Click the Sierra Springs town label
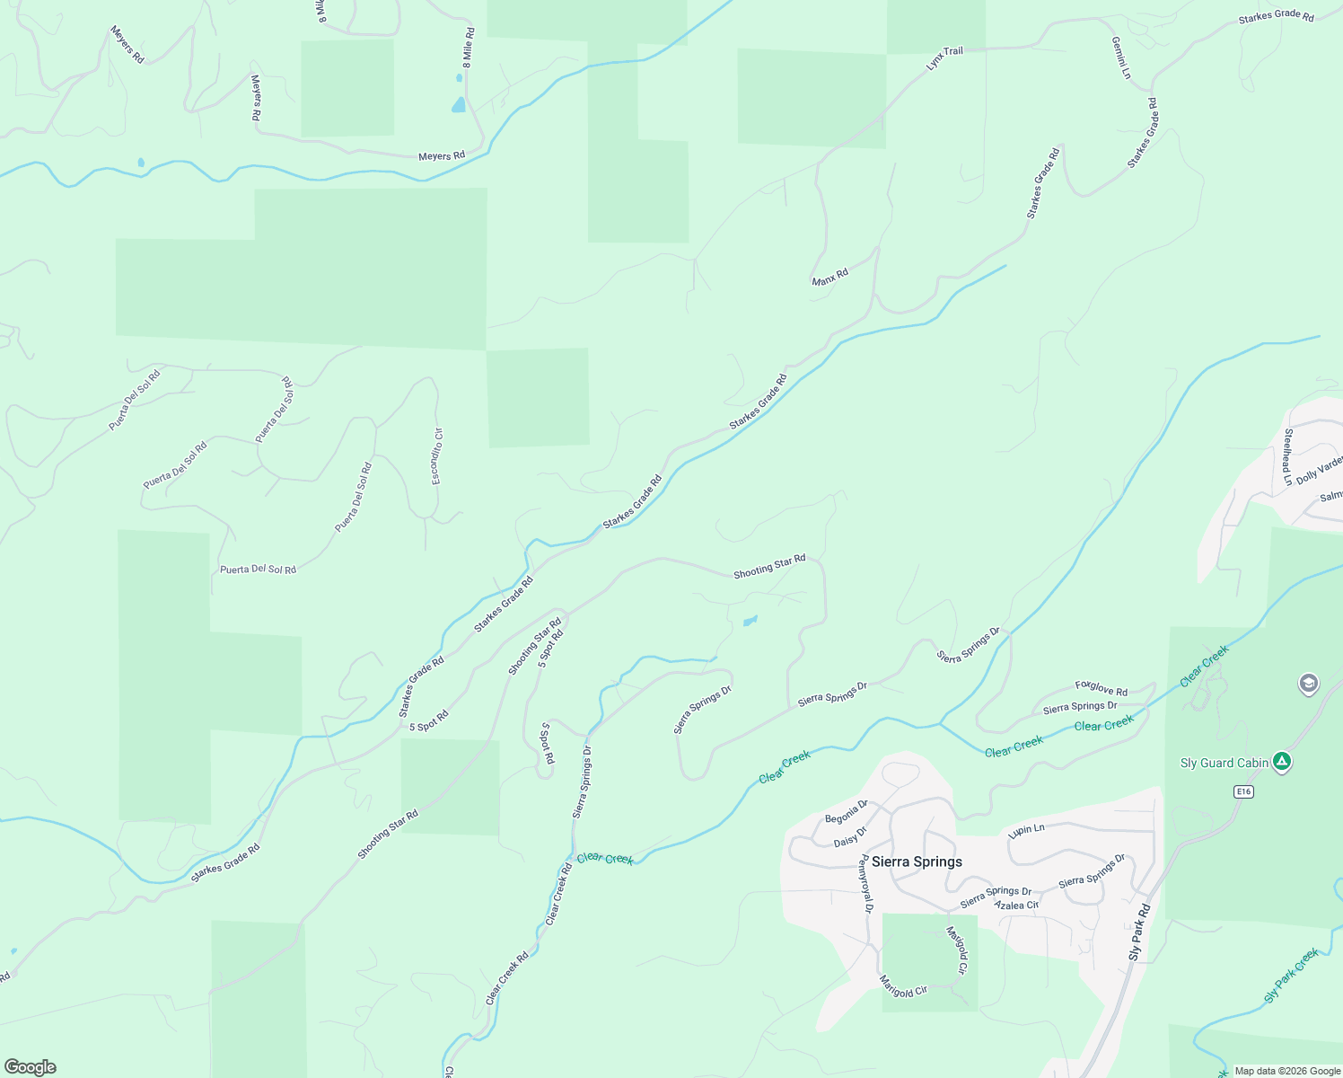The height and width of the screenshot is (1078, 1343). click(917, 862)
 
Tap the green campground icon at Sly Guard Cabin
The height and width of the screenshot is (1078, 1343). click(1283, 763)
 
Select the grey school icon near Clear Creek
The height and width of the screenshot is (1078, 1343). click(1309, 685)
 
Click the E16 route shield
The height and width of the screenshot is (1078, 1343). click(1242, 791)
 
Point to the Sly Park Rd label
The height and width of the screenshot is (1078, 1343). click(1139, 932)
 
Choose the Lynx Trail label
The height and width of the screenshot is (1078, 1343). click(944, 57)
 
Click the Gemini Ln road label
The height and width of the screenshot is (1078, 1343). click(1121, 57)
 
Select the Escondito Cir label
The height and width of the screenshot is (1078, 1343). click(437, 455)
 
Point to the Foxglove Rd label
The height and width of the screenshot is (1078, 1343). click(1102, 689)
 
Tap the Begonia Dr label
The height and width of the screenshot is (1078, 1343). click(847, 811)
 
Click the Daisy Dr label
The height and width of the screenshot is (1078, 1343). click(850, 837)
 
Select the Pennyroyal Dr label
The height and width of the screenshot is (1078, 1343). click(866, 883)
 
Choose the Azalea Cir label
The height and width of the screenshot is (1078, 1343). click(1016, 906)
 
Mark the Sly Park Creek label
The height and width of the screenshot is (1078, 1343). click(1291, 975)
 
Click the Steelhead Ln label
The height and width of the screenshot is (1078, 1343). click(1288, 457)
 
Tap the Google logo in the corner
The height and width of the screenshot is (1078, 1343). click(30, 1067)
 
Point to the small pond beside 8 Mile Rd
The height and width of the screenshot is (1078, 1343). click(459, 105)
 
